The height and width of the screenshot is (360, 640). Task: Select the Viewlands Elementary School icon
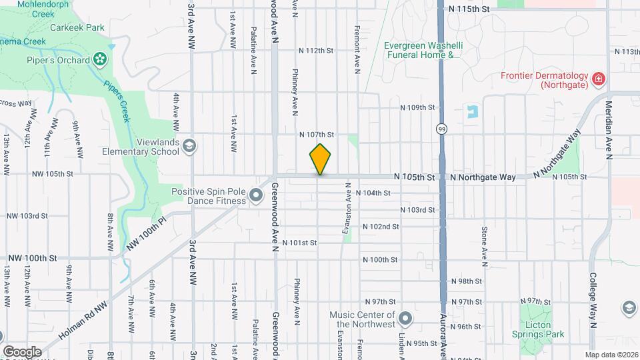point(189,146)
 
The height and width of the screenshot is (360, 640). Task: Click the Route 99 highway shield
point(441,128)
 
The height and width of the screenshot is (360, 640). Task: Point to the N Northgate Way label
point(483,177)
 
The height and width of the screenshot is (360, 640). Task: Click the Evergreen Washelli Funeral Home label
point(422,51)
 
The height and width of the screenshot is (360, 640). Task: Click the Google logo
point(22,351)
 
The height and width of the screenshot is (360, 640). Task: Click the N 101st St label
point(299,243)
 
